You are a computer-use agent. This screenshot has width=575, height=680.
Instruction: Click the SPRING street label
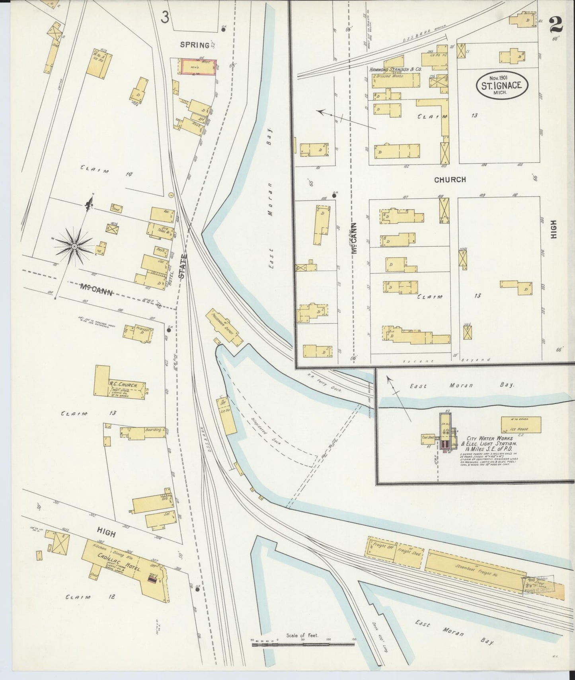point(195,45)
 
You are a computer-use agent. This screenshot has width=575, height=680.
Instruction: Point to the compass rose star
point(74,247)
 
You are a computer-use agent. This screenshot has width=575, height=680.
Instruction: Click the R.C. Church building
point(119,386)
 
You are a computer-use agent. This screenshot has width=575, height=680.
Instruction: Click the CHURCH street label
point(450,180)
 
